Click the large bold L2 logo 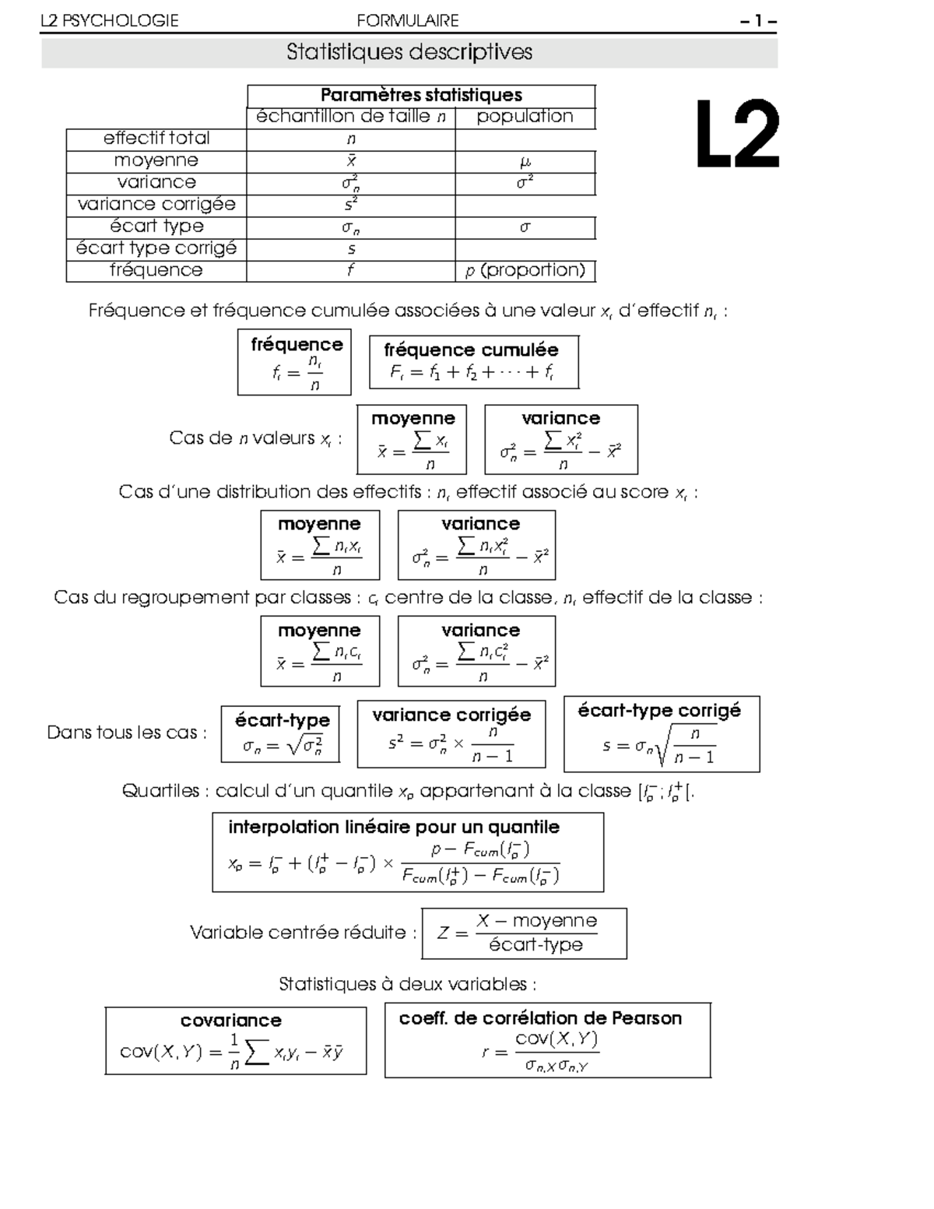[x=736, y=134]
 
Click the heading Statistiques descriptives [x=409, y=52]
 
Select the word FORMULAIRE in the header [x=408, y=21]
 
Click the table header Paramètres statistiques [x=421, y=95]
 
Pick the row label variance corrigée [x=156, y=204]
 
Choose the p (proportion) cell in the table [x=525, y=270]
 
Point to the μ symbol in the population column [x=525, y=161]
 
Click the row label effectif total [x=156, y=139]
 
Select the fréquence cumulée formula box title [x=471, y=350]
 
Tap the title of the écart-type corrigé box [x=659, y=710]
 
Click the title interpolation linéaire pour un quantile [x=394, y=827]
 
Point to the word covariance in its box [x=231, y=1020]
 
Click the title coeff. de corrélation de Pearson [x=540, y=1018]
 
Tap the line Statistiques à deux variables [x=408, y=984]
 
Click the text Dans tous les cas [x=127, y=733]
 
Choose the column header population [x=525, y=117]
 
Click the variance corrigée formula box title [x=451, y=715]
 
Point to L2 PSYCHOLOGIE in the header [x=110, y=21]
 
